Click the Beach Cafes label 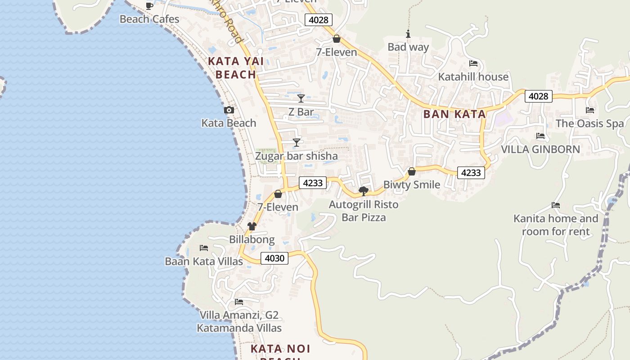[x=149, y=19]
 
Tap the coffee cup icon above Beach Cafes [x=149, y=6]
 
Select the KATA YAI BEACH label [x=232, y=67]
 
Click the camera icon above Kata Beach [x=229, y=110]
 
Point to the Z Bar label [x=301, y=112]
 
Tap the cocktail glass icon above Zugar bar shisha [x=297, y=143]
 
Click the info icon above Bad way [x=408, y=34]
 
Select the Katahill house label [x=473, y=77]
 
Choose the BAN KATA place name [x=454, y=114]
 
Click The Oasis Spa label [x=589, y=123]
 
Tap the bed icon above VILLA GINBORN [x=540, y=136]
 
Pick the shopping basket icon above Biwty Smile [x=412, y=171]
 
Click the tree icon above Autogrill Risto [x=364, y=192]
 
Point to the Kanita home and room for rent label [x=556, y=225]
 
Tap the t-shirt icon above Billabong [x=252, y=226]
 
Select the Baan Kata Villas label [x=204, y=261]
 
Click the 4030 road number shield [x=274, y=258]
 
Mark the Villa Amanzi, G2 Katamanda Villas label [x=239, y=322]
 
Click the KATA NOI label [x=280, y=349]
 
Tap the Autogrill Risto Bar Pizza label [x=364, y=211]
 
